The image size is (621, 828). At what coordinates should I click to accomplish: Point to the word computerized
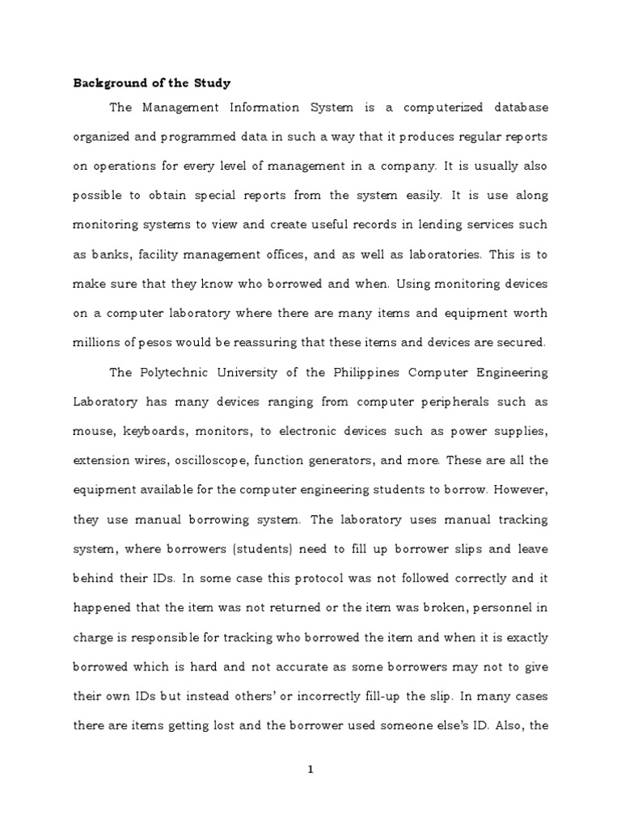tap(429, 108)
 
